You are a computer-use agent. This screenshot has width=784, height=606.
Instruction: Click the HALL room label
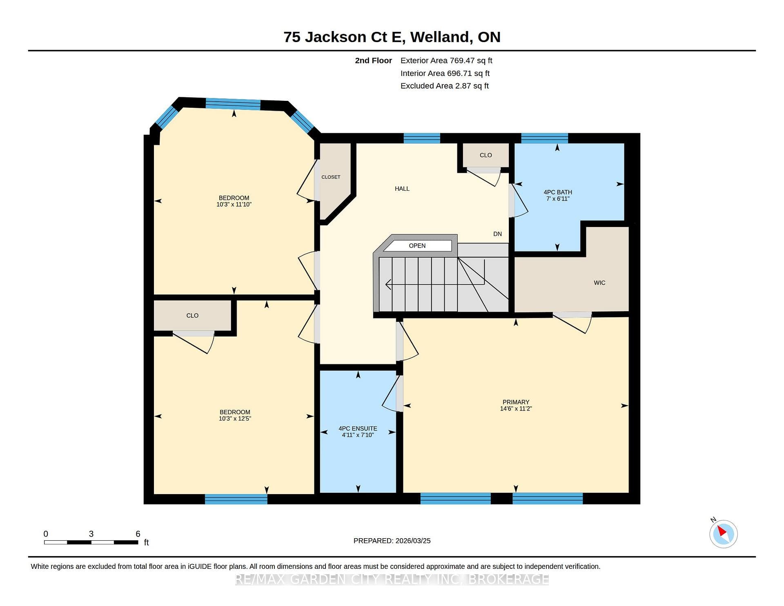[402, 189]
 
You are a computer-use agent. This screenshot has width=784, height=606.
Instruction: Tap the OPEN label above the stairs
[417, 245]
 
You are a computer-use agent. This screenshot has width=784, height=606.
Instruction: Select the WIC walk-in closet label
[599, 283]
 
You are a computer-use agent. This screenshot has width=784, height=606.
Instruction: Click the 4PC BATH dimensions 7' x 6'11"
[558, 199]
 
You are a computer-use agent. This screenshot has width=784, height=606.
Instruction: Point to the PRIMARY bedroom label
[516, 402]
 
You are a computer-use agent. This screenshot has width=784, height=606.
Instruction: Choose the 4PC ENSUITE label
[358, 428]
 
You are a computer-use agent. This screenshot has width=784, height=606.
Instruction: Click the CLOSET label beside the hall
[331, 177]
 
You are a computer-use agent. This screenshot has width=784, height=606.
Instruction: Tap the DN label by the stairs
[497, 234]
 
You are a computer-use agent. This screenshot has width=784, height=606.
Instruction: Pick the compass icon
[723, 534]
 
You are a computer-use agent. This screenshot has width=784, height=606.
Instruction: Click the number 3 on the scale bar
[91, 534]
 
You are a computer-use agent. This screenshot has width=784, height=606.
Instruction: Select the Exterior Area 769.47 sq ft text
[446, 60]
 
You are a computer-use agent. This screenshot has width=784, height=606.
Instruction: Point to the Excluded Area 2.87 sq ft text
[445, 86]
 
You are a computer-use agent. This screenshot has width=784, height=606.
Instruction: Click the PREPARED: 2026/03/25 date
[392, 541]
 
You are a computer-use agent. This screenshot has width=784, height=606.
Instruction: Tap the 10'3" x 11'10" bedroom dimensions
[234, 205]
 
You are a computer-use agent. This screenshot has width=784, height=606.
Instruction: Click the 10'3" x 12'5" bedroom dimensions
[235, 419]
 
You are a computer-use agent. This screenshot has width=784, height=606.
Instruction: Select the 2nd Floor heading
[373, 60]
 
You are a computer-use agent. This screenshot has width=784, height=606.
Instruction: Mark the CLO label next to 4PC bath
[486, 155]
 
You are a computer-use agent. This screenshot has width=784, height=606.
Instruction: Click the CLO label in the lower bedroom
[192, 316]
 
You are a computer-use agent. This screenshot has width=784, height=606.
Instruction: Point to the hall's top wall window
[422, 138]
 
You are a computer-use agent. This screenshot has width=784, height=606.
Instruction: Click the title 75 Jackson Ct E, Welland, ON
[392, 37]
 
